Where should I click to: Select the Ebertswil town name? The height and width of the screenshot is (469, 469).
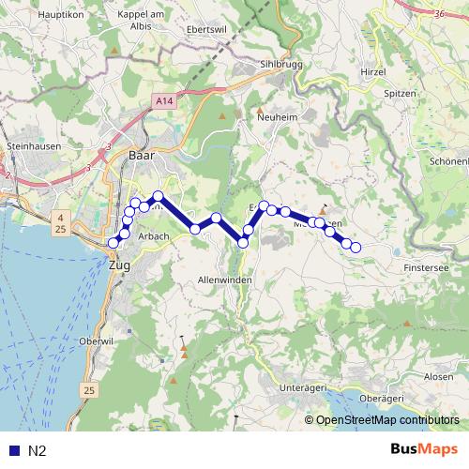pyautogui.click(x=207, y=27)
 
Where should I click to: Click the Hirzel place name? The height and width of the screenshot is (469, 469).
pyautogui.click(x=372, y=71)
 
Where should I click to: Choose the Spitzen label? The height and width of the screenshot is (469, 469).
pyautogui.click(x=401, y=94)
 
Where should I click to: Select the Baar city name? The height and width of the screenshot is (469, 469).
pyautogui.click(x=141, y=155)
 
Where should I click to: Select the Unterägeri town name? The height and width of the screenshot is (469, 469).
pyautogui.click(x=307, y=386)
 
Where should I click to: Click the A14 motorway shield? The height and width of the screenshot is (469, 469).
pyautogui.click(x=165, y=98)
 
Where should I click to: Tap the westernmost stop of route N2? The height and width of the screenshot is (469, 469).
pyautogui.click(x=113, y=243)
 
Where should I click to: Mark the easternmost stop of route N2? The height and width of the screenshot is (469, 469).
pyautogui.click(x=356, y=247)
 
